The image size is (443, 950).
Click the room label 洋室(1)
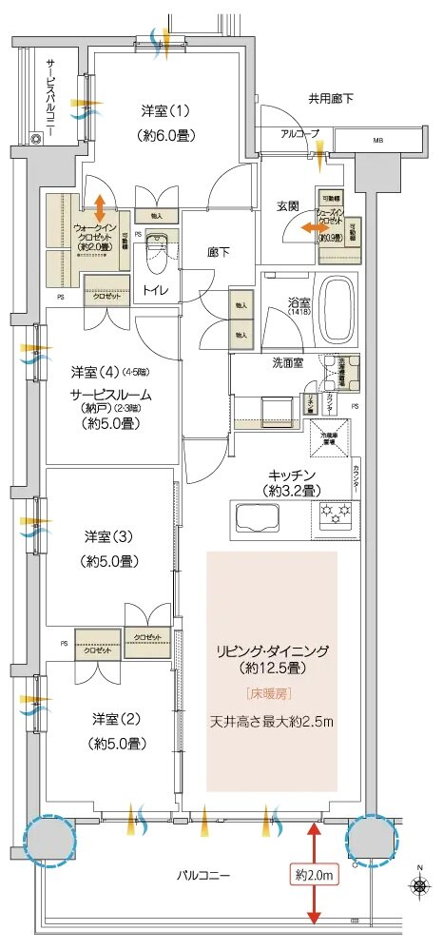click(165, 112)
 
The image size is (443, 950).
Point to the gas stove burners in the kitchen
click(335, 514)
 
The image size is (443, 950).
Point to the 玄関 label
click(289, 205)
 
